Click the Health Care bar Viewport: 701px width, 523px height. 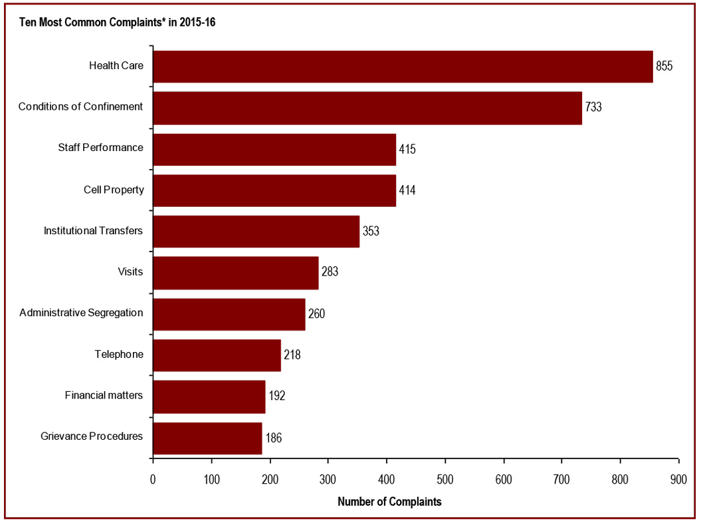[403, 67]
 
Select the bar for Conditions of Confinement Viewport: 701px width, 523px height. [367, 108]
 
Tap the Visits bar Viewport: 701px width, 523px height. [236, 272]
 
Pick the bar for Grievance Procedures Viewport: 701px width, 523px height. [207, 438]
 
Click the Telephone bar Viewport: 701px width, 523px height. [217, 355]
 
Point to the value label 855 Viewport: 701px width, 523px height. [664, 67]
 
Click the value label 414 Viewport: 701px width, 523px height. [407, 190]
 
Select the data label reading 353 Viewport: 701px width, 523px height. [371, 232]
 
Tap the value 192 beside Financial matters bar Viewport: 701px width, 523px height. [276, 397]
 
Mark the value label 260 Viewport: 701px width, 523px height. [316, 314]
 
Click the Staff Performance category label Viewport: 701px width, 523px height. [100, 148]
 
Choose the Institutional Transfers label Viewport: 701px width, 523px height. [93, 231]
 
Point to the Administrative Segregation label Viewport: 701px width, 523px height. [81, 313]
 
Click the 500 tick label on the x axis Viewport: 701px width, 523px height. [387, 478]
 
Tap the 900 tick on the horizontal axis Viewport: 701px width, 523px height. [678, 478]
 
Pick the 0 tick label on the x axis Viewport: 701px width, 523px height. [153, 478]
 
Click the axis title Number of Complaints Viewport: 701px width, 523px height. [389, 502]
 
